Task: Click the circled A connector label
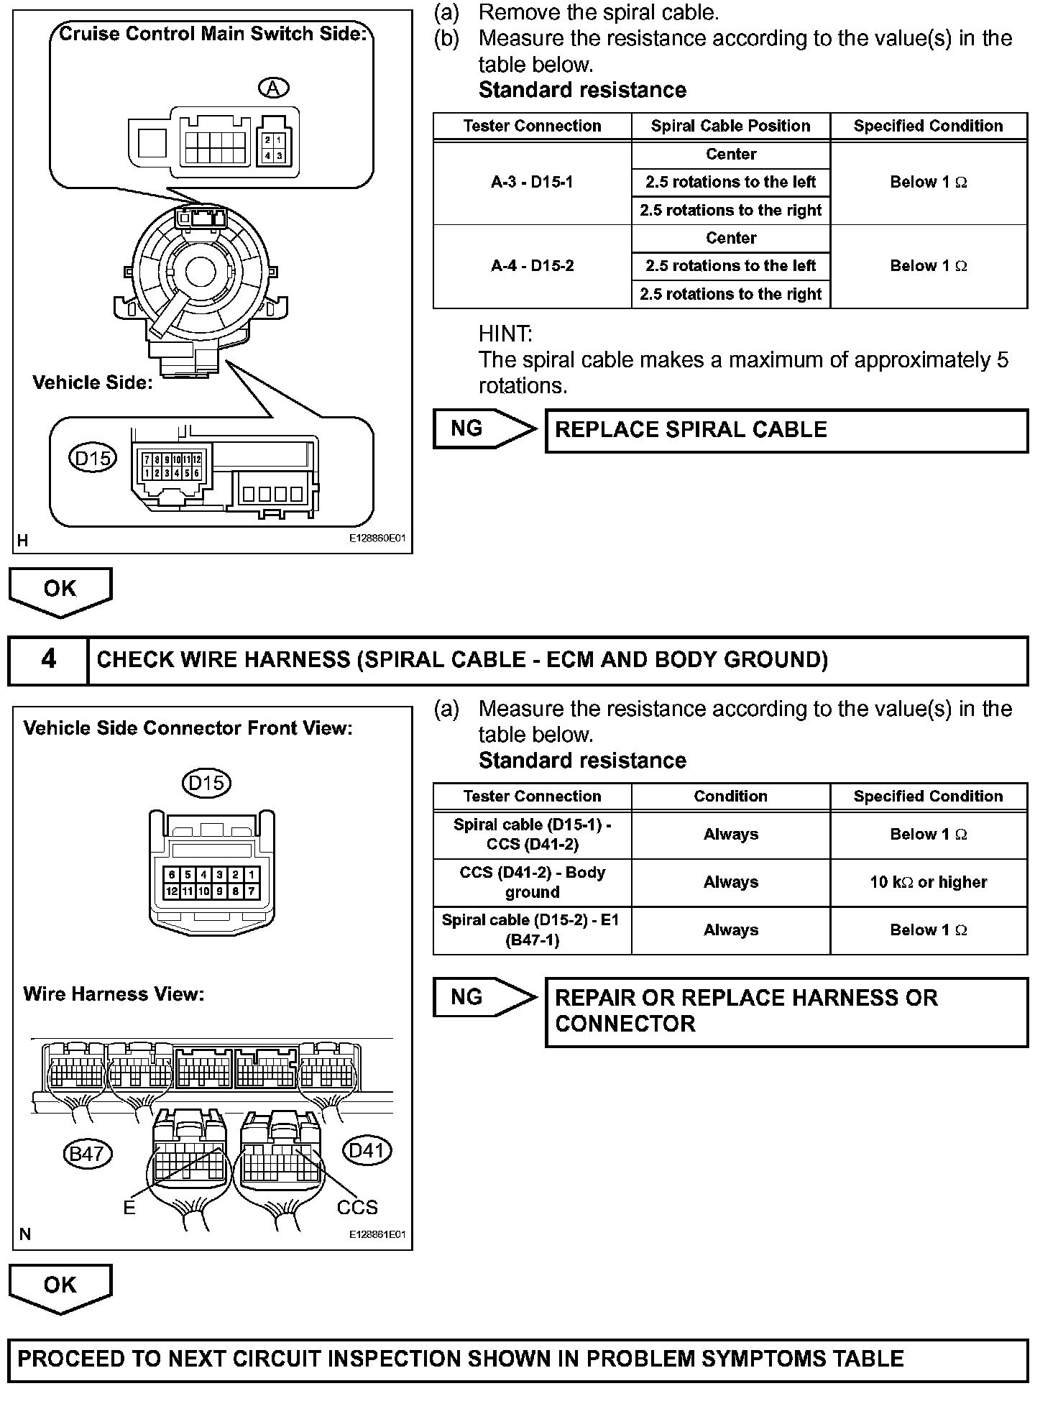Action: (273, 88)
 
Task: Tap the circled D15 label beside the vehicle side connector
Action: (93, 458)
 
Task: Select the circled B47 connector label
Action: (86, 1154)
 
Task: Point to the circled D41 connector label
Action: (367, 1150)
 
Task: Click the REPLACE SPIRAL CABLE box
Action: (786, 431)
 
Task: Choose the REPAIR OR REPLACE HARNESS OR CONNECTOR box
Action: (786, 1011)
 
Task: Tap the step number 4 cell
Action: (48, 660)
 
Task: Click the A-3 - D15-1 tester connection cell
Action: (532, 183)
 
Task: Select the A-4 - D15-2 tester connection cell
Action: (532, 266)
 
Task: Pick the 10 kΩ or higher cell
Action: (928, 882)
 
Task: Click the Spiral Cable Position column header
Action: (730, 126)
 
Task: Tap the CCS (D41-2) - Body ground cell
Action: (532, 882)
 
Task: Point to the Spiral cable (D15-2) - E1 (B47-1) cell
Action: (532, 930)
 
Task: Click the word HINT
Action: (505, 334)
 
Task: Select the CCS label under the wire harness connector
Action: (357, 1207)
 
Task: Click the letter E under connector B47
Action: (129, 1208)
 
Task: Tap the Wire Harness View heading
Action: (114, 994)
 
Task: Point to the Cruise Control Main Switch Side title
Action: (212, 34)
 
